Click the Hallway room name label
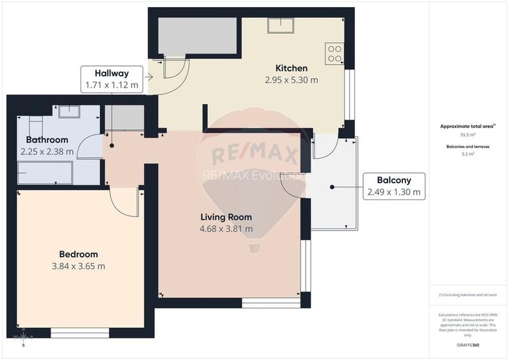click(x=111, y=73)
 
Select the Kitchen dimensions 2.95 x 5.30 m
click(x=292, y=80)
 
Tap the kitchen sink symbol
click(x=280, y=25)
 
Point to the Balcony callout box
click(x=394, y=186)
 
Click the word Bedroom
click(x=79, y=254)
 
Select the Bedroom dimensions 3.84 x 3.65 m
click(x=79, y=266)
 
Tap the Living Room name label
click(x=226, y=216)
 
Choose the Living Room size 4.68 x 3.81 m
click(x=226, y=228)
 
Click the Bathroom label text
click(x=47, y=139)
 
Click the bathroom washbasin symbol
click(x=68, y=113)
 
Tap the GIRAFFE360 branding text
click(x=469, y=345)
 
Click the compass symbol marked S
click(x=24, y=337)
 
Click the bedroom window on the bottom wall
click(x=79, y=333)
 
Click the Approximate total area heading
click(x=468, y=127)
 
